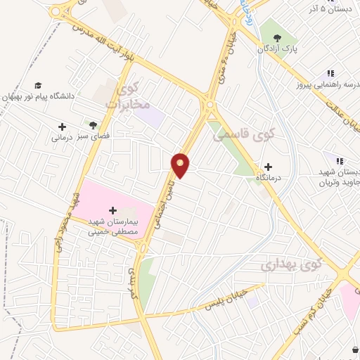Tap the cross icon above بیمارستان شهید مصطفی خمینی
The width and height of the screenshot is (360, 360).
[x=114, y=210]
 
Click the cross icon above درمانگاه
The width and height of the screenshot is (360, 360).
[x=268, y=167]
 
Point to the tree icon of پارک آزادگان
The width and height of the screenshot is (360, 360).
[x=272, y=37]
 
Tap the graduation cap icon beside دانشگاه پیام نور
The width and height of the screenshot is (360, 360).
[x=38, y=85]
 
